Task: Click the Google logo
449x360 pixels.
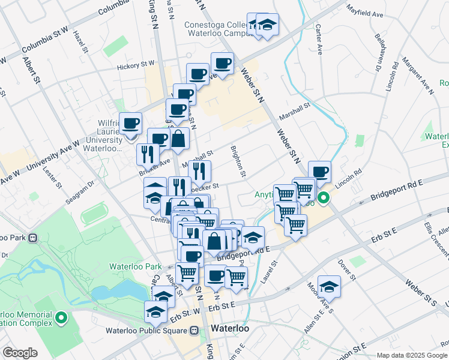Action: pos(20,353)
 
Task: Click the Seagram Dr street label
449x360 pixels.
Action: pos(80,192)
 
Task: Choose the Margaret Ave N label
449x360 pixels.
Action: pos(418,76)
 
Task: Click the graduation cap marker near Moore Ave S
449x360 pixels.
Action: pos(329,287)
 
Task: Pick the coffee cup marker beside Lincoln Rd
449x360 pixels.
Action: pos(319,172)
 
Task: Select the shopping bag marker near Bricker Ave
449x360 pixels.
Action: pos(179,139)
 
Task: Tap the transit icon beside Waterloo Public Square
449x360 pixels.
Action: pos(194,330)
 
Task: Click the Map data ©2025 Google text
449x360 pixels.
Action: pos(411,355)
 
